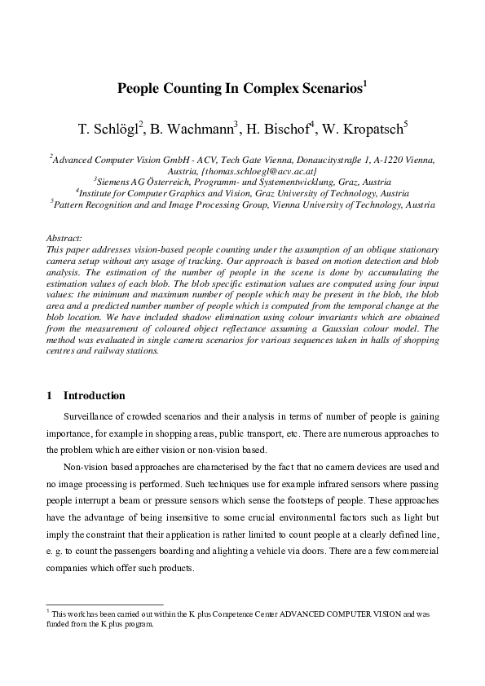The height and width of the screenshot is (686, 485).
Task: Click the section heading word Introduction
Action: pos(95,396)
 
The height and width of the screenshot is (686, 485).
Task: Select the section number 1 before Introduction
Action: pos(51,396)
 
